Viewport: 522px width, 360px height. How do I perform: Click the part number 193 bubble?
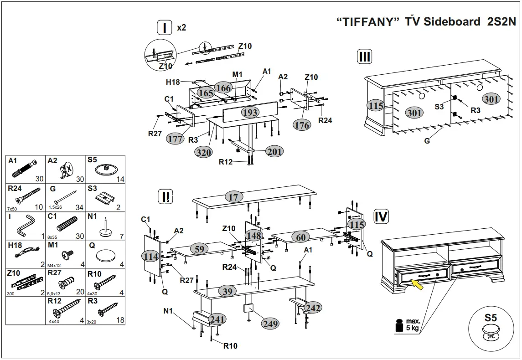tap(250, 112)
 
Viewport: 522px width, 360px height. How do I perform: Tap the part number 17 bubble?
tap(233, 197)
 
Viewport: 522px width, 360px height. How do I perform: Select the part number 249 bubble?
tap(270, 324)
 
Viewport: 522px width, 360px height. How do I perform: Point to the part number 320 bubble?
tap(203, 152)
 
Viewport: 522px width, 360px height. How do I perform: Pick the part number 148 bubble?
tap(253, 236)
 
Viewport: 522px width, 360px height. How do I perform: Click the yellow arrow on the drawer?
tap(416, 285)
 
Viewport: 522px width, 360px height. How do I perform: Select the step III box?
tap(364, 57)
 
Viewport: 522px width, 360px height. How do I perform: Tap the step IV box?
tap(381, 216)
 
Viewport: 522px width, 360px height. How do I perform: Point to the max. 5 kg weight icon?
tap(400, 326)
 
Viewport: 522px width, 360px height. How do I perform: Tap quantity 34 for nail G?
tap(79, 207)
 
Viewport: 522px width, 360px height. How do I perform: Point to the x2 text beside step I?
tap(181, 28)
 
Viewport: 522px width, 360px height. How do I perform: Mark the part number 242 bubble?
tap(312, 308)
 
